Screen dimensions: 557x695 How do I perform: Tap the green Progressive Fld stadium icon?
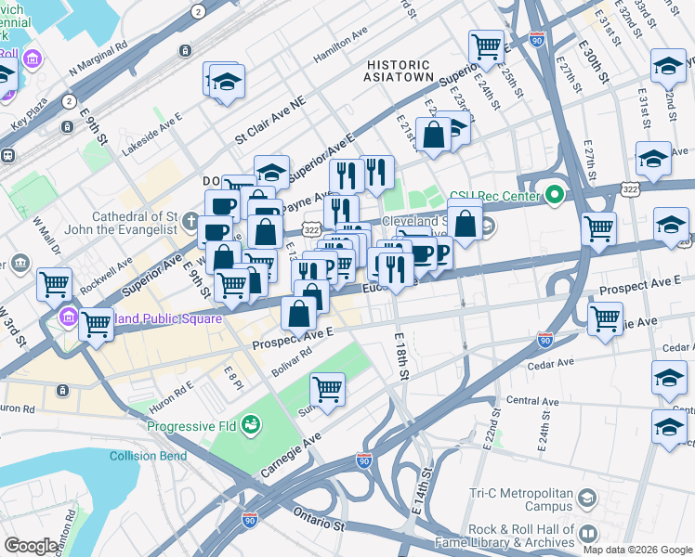[x=249, y=426]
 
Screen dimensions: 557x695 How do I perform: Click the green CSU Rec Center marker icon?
[x=555, y=195]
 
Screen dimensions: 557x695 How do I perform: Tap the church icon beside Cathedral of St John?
[x=189, y=221]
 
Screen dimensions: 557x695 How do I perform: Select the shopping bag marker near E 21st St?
[x=434, y=135]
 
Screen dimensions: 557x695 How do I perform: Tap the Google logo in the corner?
[x=31, y=546]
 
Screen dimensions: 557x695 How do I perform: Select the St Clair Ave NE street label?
[x=269, y=123]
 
